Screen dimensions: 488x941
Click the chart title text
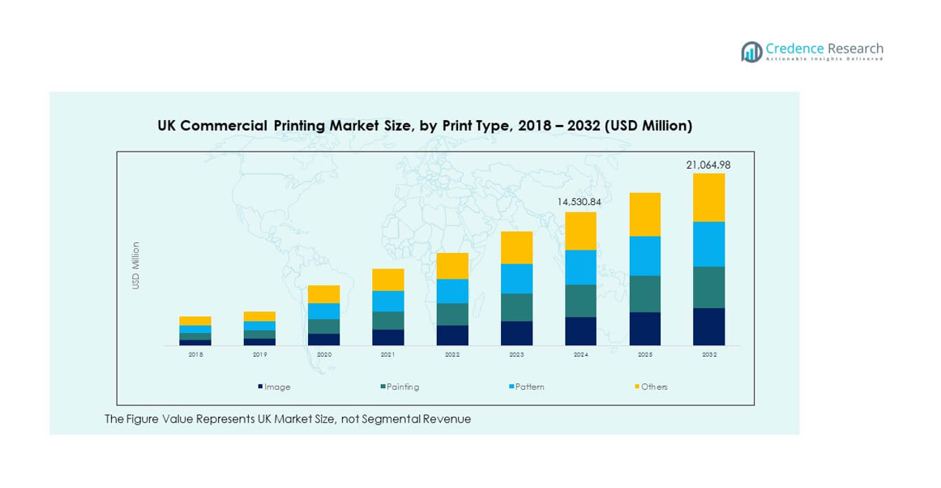424,126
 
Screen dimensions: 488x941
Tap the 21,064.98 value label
708,165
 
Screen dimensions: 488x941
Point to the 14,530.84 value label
580,201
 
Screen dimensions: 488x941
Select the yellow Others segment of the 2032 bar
708,197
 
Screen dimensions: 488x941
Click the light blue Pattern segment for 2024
580,267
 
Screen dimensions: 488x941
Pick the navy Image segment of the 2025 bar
644,328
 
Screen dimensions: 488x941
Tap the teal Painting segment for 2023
516,307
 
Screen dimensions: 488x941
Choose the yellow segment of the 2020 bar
323,294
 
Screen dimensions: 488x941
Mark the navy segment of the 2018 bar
195,342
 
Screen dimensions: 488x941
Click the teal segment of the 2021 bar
387,320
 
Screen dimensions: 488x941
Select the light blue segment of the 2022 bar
452,291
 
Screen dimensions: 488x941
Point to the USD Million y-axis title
136,265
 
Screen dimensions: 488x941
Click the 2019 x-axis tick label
259,355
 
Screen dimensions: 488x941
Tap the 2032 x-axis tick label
708,355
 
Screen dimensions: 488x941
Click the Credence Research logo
812,52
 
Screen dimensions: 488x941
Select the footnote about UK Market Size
288,419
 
